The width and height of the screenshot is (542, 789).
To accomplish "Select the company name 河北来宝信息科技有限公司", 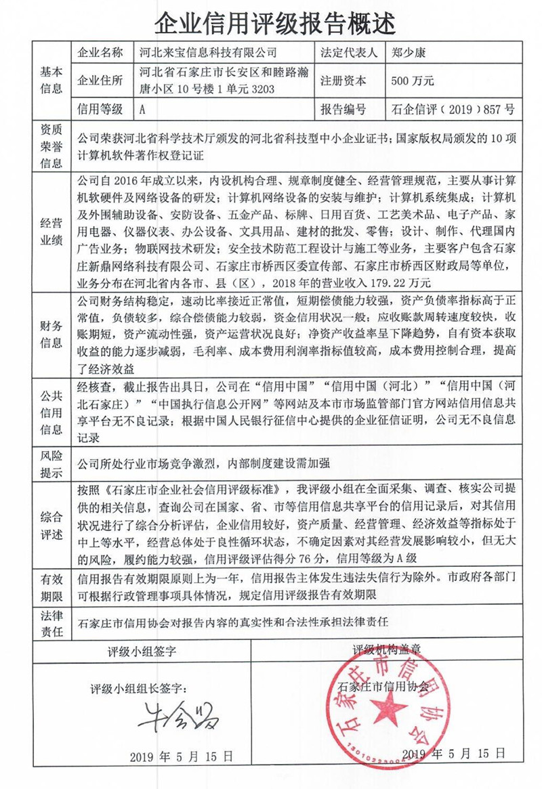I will click(207, 52).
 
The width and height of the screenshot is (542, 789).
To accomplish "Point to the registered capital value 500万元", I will click(413, 80).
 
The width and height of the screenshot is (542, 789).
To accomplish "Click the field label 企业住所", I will click(101, 80).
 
